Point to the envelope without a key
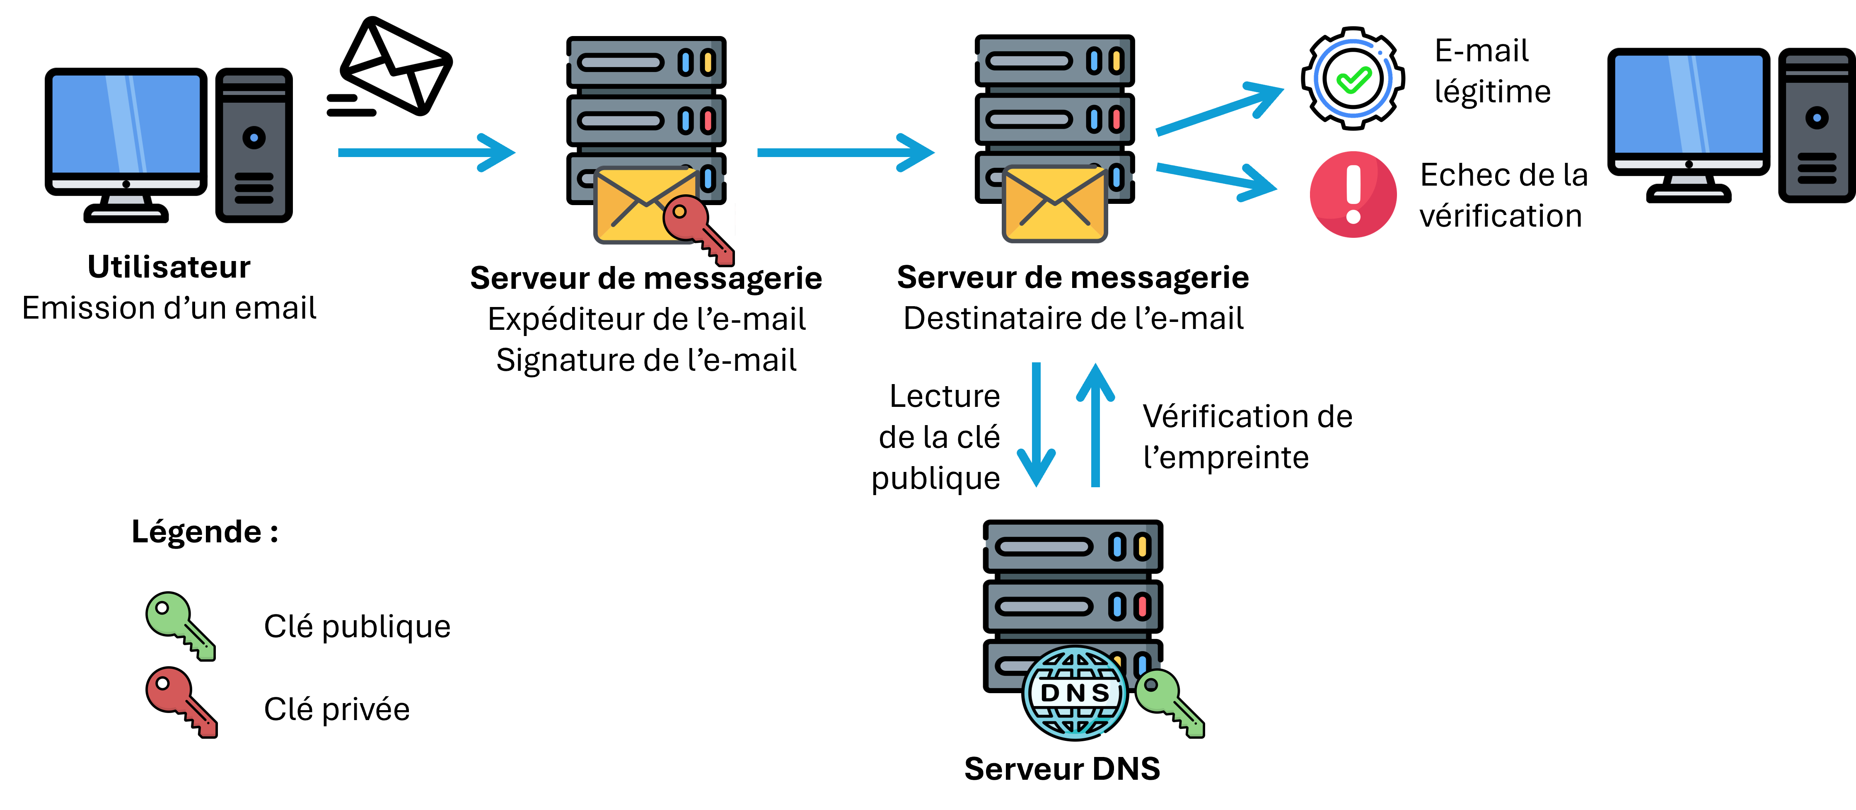pyautogui.click(x=1054, y=204)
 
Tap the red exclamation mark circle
pyautogui.click(x=1353, y=195)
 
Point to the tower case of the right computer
pyautogui.click(x=1816, y=126)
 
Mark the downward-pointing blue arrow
pyautogui.click(x=1036, y=425)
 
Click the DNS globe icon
pyautogui.click(x=1074, y=692)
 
